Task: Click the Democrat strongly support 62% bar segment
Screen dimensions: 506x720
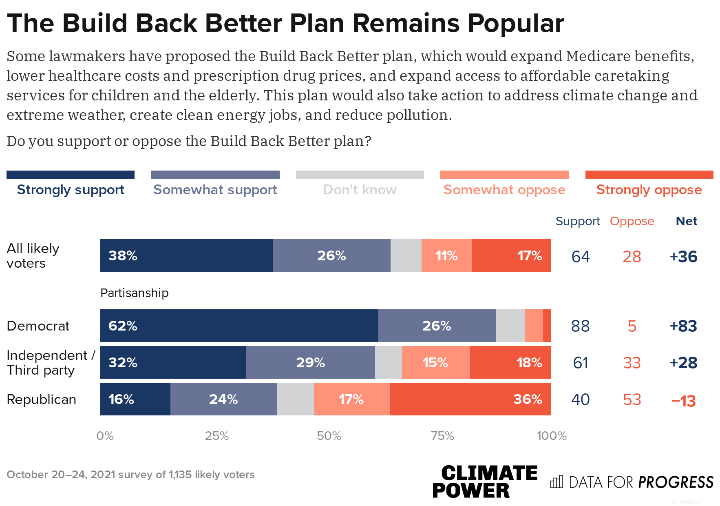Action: coord(239,326)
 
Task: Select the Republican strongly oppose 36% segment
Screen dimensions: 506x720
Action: coord(470,399)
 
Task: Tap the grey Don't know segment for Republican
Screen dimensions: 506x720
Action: coord(295,399)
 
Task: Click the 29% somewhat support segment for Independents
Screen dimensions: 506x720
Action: coord(310,362)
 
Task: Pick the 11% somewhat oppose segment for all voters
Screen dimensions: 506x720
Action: coord(446,255)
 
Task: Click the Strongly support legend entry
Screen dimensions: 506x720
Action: coord(71,190)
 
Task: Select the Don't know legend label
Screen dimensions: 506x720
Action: coord(360,190)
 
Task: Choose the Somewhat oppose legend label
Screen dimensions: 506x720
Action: coord(504,190)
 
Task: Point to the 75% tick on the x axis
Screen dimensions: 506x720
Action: coord(442,436)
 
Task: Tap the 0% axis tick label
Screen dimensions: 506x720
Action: coord(105,436)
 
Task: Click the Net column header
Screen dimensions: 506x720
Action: coord(686,221)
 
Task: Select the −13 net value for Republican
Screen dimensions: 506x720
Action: coord(683,401)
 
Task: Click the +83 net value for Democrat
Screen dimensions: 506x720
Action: coord(683,326)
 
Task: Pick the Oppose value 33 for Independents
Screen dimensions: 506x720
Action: coord(632,363)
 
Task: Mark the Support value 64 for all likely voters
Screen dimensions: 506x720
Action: coord(580,257)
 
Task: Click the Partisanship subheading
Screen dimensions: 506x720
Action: coord(134,293)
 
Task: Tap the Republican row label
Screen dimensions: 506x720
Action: coord(41,399)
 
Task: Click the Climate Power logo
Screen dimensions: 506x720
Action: coord(484,482)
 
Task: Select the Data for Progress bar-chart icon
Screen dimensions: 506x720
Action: coord(557,482)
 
